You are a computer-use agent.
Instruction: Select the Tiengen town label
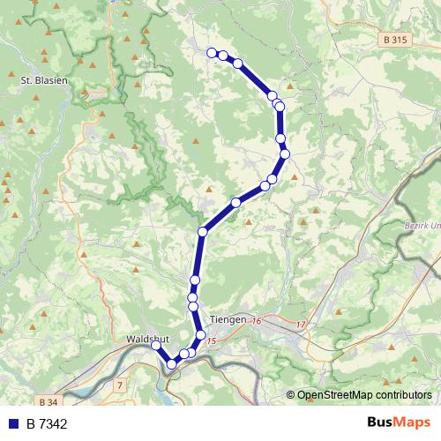point(230,320)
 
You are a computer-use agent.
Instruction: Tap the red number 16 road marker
point(256,321)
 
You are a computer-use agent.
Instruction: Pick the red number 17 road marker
point(301,325)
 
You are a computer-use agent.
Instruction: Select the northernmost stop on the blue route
point(212,53)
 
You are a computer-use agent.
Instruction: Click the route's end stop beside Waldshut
point(155,346)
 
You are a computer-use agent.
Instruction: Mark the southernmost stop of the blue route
point(172,363)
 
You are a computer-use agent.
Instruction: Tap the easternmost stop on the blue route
point(285,153)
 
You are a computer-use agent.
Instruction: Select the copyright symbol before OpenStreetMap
point(291,394)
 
